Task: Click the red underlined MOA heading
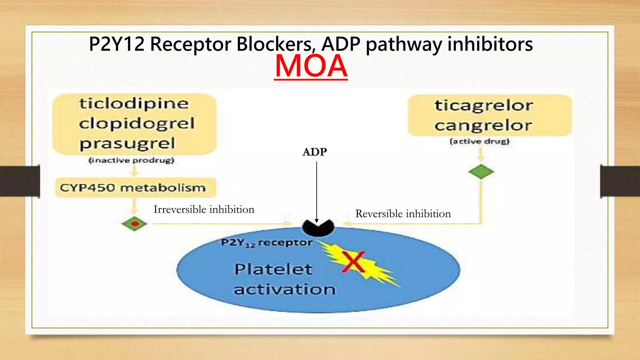[311, 66]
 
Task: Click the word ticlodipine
[134, 103]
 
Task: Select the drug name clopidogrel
[137, 123]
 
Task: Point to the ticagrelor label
[484, 105]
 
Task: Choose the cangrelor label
[483, 126]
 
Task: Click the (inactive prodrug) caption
[131, 160]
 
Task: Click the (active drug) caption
[480, 141]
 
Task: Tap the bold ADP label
[315, 152]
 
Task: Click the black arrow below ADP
[317, 191]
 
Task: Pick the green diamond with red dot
[134, 224]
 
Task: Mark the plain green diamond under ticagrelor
[481, 172]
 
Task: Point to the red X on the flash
[353, 262]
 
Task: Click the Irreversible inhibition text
[204, 209]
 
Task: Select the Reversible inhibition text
[403, 214]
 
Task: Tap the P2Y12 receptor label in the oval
[267, 242]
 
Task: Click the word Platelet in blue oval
[273, 269]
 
